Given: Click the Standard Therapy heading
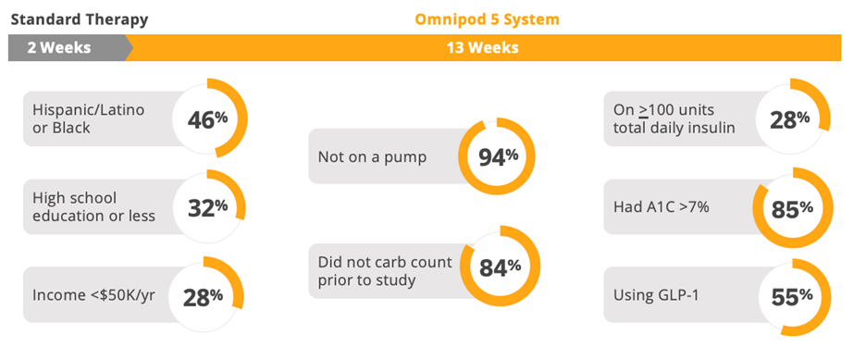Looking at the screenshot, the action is [80, 19].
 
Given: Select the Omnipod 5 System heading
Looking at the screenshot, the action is [487, 19].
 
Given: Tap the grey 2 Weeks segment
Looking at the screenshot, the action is [70, 47].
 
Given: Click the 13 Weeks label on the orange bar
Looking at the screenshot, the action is [483, 47].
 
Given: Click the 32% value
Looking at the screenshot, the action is [207, 207].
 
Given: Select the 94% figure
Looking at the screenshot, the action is [498, 157].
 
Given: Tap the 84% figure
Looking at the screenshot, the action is [500, 267].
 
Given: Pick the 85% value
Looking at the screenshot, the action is [792, 209].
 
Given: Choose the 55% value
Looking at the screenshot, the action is [792, 297].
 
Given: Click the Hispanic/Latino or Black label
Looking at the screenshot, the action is [89, 118].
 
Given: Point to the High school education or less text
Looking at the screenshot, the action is [93, 207].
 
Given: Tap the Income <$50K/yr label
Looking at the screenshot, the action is [93, 295].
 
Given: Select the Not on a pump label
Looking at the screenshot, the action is [372, 157].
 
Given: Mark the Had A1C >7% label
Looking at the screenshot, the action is [662, 207].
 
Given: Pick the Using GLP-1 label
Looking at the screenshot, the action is [656, 295].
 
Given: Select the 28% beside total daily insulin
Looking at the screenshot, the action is [790, 118].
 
